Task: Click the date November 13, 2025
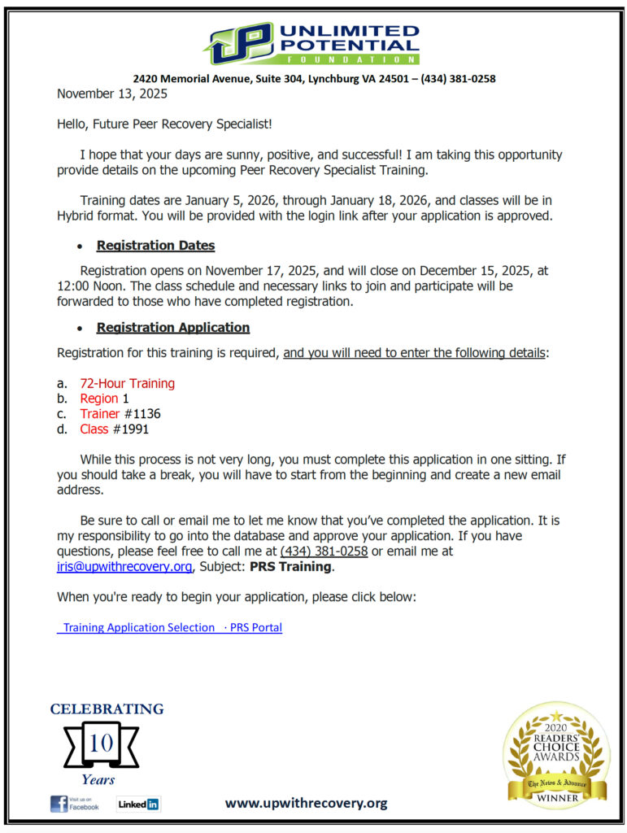pyautogui.click(x=111, y=94)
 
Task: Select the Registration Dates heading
pyautogui.click(x=155, y=245)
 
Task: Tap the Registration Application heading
pyautogui.click(x=172, y=327)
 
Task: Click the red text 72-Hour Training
pyautogui.click(x=127, y=383)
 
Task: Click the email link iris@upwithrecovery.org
pyautogui.click(x=124, y=566)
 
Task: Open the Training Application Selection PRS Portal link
pyautogui.click(x=170, y=627)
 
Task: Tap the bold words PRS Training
pyautogui.click(x=290, y=566)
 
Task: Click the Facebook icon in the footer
pyautogui.click(x=59, y=804)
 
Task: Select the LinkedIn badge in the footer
pyautogui.click(x=138, y=804)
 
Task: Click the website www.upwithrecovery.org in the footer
pyautogui.click(x=306, y=803)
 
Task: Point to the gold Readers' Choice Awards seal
pyautogui.click(x=556, y=755)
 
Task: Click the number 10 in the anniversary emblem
pyautogui.click(x=100, y=744)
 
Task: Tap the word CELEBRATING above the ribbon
pyautogui.click(x=107, y=709)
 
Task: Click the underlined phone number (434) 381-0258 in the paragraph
pyautogui.click(x=324, y=551)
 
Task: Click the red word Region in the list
pyautogui.click(x=98, y=399)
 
